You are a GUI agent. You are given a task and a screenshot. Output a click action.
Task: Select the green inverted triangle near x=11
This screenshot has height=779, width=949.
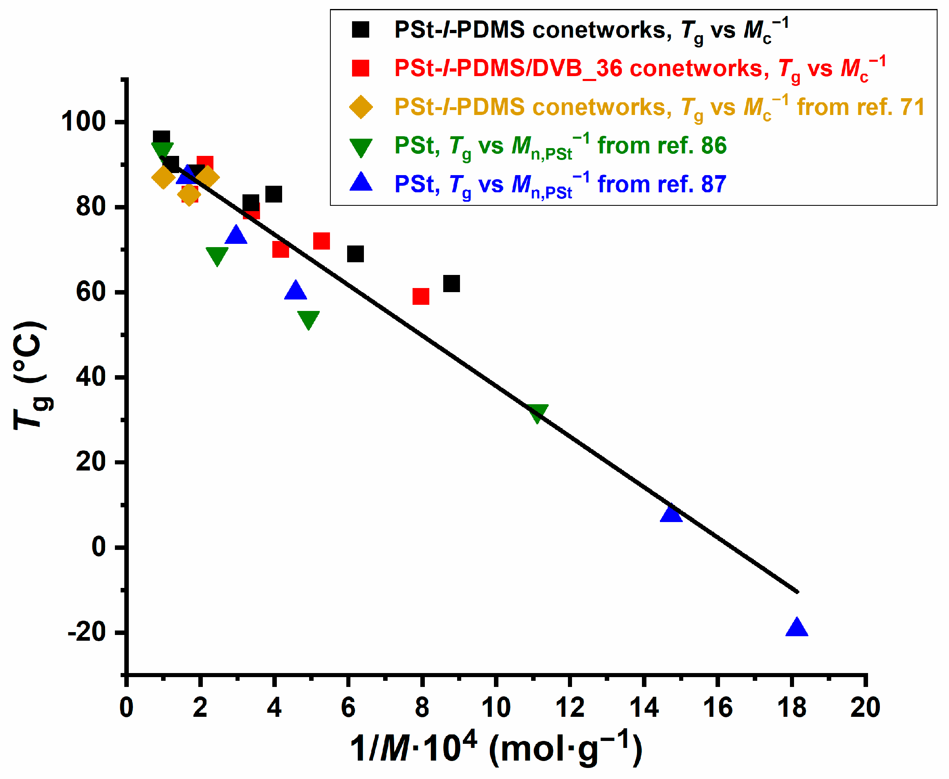(538, 413)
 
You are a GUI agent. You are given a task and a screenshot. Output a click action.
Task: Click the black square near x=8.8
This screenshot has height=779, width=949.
(451, 284)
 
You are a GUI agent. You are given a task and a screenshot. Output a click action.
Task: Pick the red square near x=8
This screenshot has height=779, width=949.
(421, 296)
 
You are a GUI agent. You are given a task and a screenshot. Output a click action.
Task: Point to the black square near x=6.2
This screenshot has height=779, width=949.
(355, 254)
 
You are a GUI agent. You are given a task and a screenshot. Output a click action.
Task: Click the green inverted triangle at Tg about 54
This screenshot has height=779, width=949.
(309, 320)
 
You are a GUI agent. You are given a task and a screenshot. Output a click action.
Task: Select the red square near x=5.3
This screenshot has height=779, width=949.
(321, 241)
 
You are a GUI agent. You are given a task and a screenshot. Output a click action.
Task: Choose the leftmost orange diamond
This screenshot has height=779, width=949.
(163, 178)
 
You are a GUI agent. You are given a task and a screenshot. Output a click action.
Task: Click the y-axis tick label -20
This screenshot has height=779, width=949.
(87, 632)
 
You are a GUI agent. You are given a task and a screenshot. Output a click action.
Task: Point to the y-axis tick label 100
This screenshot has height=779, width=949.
(83, 122)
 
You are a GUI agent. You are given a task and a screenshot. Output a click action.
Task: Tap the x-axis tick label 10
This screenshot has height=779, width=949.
(496, 708)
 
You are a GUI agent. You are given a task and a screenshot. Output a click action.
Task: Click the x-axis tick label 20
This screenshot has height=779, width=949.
(865, 708)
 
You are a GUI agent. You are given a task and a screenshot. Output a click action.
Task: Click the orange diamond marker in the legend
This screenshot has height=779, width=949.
(361, 107)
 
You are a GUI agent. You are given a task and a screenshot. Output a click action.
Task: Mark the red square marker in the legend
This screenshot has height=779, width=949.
(361, 68)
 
